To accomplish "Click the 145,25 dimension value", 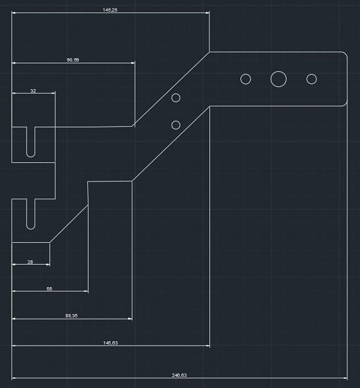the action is click(x=110, y=10).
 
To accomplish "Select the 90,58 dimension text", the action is click(x=73, y=60).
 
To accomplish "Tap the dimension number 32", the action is click(x=33, y=91).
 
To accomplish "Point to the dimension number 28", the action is click(x=30, y=262).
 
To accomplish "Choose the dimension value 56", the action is click(x=50, y=289).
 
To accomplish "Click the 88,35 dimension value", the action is click(x=71, y=315).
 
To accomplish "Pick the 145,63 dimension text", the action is click(x=110, y=343).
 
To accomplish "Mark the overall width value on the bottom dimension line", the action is click(x=180, y=375).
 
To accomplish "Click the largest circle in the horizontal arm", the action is click(x=279, y=71).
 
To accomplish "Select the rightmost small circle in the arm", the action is click(x=311, y=74).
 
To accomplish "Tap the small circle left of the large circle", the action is click(x=246, y=74).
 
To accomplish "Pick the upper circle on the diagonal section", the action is click(x=176, y=94).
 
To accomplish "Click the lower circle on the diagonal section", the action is click(x=176, y=121).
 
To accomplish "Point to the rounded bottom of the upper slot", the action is click(x=31, y=157).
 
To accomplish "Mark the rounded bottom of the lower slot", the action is click(x=31, y=229).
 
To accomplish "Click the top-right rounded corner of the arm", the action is click(x=345, y=53).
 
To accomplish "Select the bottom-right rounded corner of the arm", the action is click(x=345, y=104).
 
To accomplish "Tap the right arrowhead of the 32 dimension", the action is click(x=54, y=93).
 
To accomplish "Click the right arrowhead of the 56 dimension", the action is click(x=87, y=291).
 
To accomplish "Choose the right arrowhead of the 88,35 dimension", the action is click(x=130, y=319).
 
